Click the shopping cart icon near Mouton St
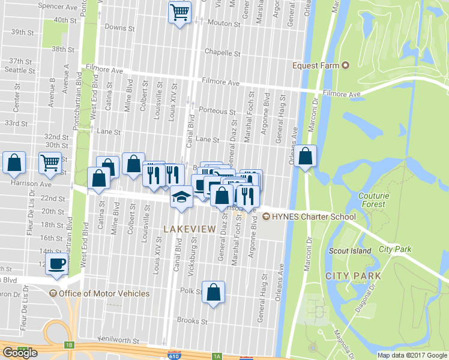[179, 12]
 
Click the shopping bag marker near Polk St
[213, 293]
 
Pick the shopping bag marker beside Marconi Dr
[306, 157]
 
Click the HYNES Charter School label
[313, 217]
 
